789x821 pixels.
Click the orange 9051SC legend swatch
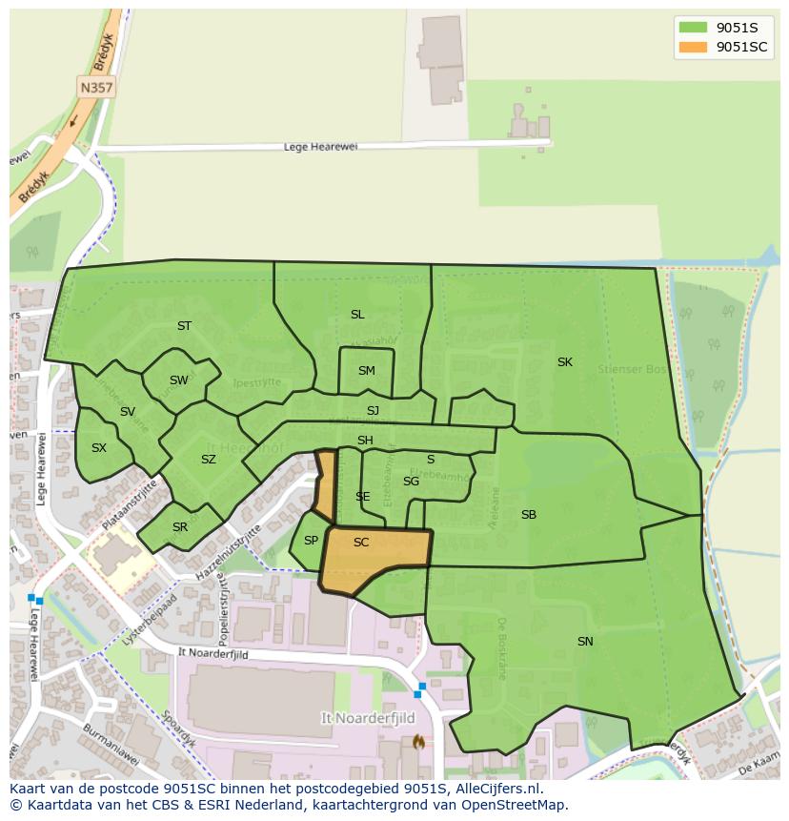coord(693,48)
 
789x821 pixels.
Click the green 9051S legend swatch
coord(693,28)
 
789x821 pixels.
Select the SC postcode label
coord(361,543)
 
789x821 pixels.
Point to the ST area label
coord(184,326)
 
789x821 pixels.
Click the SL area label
coord(357,315)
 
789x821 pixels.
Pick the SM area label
coord(366,371)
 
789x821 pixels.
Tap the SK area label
coord(565,362)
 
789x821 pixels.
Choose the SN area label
coord(585,642)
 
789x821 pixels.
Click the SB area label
coord(529,515)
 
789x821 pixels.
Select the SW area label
coord(178,381)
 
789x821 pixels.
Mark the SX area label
coord(99,448)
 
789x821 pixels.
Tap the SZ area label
coord(208,460)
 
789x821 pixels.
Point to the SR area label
coord(180,527)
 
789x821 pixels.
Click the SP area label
coord(311,541)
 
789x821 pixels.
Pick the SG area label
coord(411,482)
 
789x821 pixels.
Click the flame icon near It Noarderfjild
coord(417,741)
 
